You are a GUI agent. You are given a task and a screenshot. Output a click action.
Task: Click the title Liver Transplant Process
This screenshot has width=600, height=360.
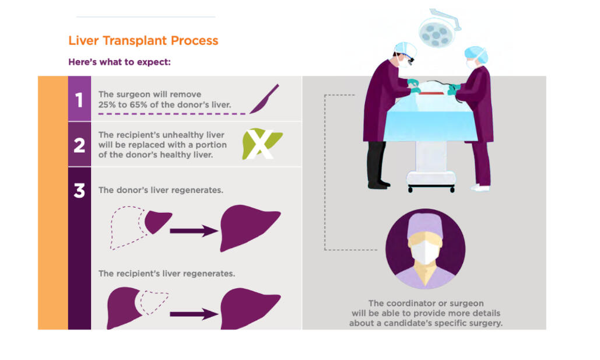(143, 41)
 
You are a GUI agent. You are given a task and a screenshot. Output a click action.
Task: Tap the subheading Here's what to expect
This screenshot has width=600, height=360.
(120, 62)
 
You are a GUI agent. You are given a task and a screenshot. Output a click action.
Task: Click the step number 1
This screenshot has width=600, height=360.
(79, 100)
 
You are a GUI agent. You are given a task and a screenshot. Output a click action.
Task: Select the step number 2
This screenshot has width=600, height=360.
(79, 145)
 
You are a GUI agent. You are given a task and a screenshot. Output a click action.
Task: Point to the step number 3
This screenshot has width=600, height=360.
(79, 190)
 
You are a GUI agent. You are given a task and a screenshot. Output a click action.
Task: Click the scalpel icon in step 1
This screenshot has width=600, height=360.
(264, 99)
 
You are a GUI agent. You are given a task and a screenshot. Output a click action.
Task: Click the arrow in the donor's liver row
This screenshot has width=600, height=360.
(194, 231)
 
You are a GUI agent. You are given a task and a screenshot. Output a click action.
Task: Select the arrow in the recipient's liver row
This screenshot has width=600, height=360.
(194, 314)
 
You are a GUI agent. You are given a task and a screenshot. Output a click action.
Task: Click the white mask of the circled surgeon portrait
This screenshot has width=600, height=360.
(424, 251)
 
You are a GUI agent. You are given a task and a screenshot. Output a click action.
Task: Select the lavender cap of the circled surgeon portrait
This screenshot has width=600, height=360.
(425, 225)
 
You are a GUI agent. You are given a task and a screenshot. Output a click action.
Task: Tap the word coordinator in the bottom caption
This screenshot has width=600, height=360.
(405, 303)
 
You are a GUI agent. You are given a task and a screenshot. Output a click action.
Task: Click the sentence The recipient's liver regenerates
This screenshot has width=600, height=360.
(167, 274)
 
